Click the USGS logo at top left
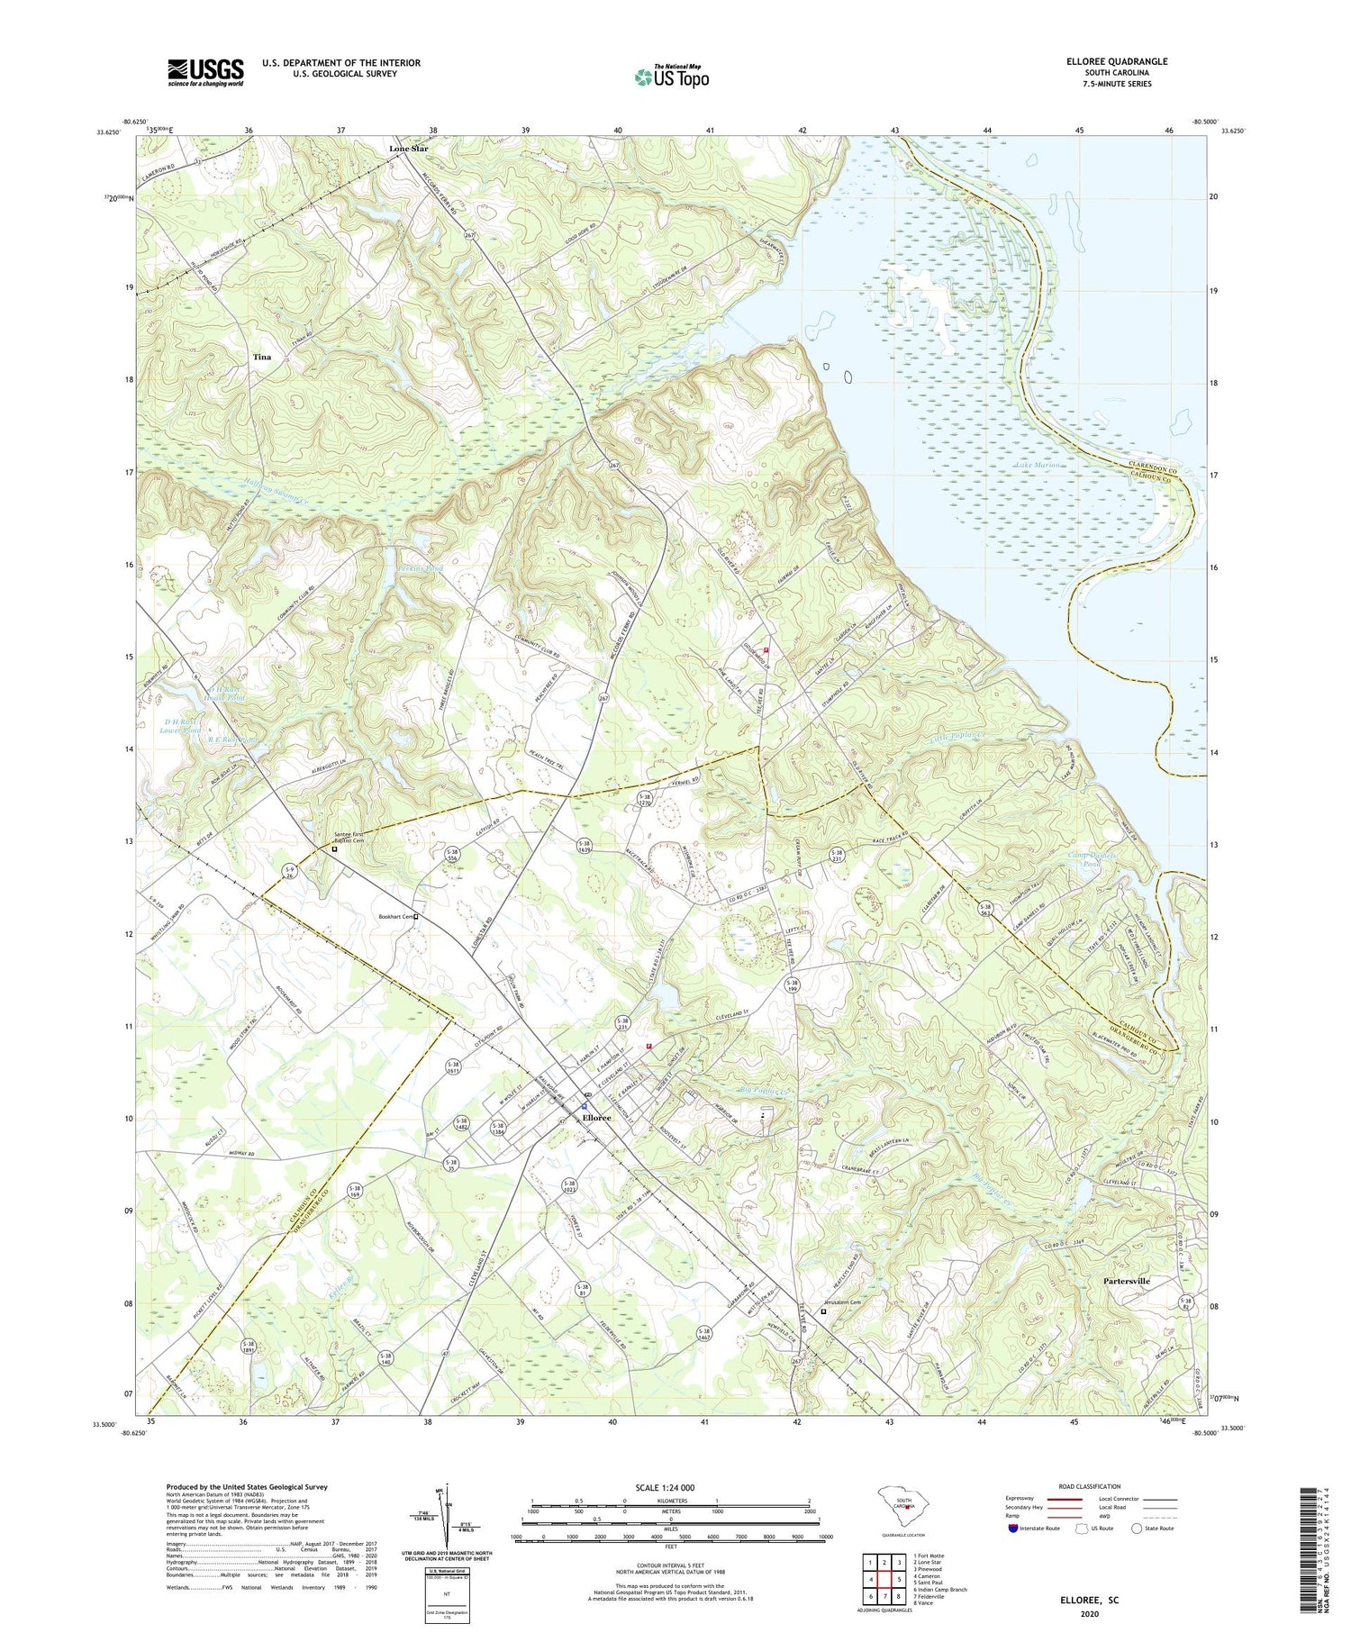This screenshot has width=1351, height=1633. click(x=204, y=72)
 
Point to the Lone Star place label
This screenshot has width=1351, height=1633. click(x=408, y=148)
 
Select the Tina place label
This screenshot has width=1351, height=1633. click(x=261, y=357)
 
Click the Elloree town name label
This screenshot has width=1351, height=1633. click(x=596, y=1118)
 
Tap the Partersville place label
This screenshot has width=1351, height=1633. click(x=1126, y=1281)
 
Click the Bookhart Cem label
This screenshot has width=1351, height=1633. click(x=394, y=917)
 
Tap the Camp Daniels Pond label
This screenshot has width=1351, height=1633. click(x=1093, y=858)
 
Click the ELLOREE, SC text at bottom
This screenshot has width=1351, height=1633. click(x=1088, y=1600)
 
